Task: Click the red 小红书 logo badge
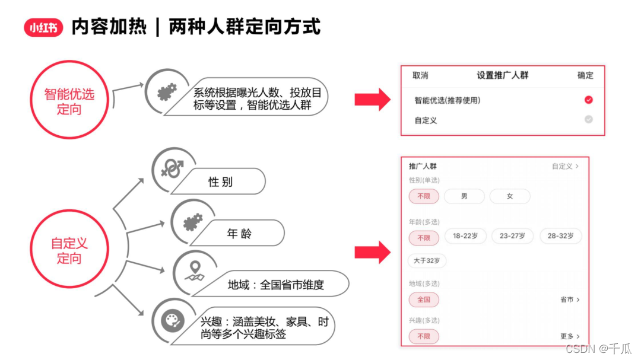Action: pyautogui.click(x=43, y=28)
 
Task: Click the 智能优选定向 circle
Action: pyautogui.click(x=69, y=101)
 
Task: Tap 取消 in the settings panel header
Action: pyautogui.click(x=420, y=75)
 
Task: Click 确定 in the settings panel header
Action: pyautogui.click(x=585, y=75)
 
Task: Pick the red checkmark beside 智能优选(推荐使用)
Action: pyautogui.click(x=588, y=100)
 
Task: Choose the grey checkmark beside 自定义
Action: pyautogui.click(x=588, y=119)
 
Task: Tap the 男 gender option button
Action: pyautogui.click(x=464, y=196)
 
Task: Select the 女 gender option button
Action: pyautogui.click(x=509, y=196)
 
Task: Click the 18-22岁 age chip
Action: pyautogui.click(x=465, y=236)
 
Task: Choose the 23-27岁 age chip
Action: pyautogui.click(x=512, y=236)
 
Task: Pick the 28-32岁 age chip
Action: pyautogui.click(x=560, y=236)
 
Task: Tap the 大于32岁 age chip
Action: pyautogui.click(x=427, y=260)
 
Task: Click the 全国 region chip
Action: pyautogui.click(x=424, y=300)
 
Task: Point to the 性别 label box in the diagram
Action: pyautogui.click(x=220, y=182)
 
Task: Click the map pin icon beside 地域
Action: pyautogui.click(x=193, y=272)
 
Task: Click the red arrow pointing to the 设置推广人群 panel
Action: pyautogui.click(x=372, y=100)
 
